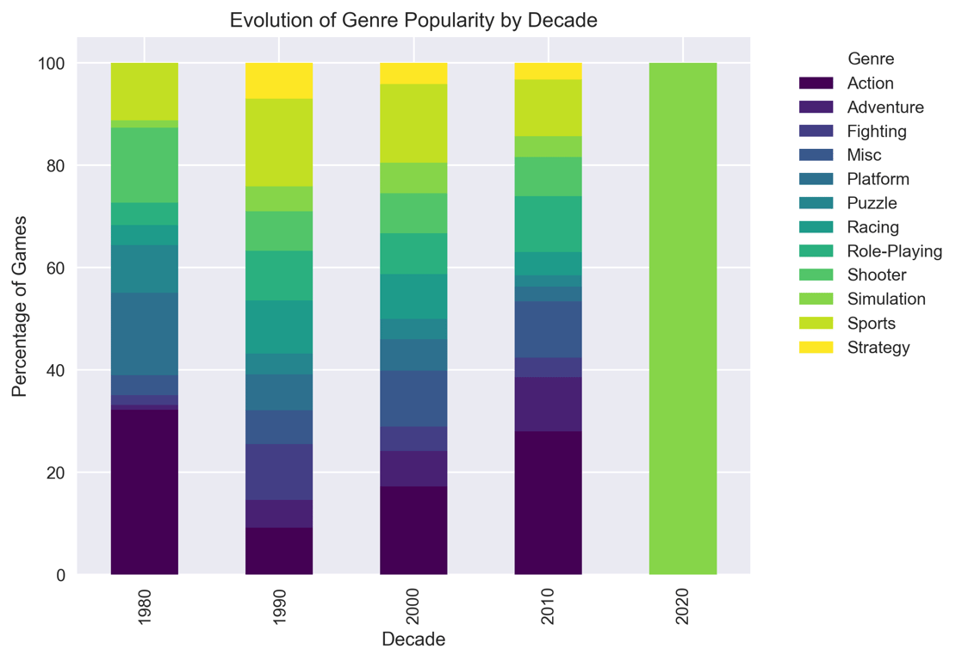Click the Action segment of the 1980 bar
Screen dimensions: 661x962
(145, 491)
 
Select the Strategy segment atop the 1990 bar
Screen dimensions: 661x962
(279, 81)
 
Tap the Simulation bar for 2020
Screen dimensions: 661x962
(682, 318)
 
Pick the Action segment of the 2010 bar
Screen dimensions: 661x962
(548, 503)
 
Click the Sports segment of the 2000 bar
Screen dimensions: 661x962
(413, 123)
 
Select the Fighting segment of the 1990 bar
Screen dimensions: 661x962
(279, 472)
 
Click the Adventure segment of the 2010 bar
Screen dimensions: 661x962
(548, 404)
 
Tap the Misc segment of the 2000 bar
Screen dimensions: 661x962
(413, 398)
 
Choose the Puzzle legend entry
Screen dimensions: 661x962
(872, 203)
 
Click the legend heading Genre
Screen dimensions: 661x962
(871, 59)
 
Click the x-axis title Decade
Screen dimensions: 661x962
(413, 639)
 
